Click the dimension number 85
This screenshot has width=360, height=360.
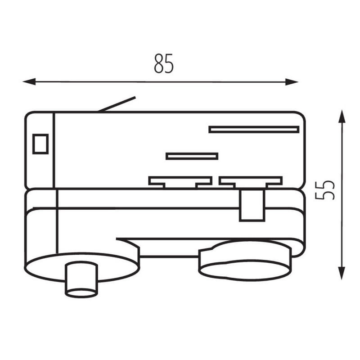pyautogui.click(x=164, y=63)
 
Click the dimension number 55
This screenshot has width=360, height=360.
pyautogui.click(x=325, y=190)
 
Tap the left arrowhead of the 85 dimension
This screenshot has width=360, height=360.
pyautogui.click(x=29, y=81)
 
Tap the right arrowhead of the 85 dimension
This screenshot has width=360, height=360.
pyautogui.click(x=292, y=82)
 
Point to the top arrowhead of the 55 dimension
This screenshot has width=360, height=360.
pyautogui.click(x=342, y=117)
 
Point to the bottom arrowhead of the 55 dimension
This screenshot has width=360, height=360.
pyautogui.click(x=342, y=273)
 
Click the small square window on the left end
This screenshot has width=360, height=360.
pyautogui.click(x=40, y=144)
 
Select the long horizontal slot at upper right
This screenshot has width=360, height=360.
pyautogui.click(x=254, y=130)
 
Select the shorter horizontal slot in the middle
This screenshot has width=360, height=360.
pyautogui.click(x=192, y=156)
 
